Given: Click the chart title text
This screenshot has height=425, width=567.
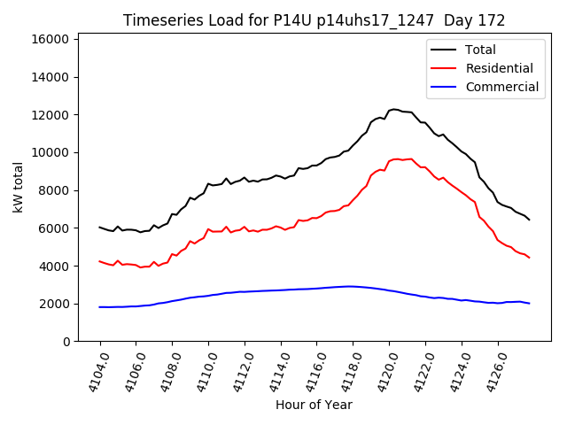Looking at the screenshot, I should click(x=314, y=20).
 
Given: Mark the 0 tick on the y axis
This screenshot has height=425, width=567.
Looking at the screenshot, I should click(x=66, y=342).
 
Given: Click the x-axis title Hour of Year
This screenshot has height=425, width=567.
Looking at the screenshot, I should click(x=314, y=405).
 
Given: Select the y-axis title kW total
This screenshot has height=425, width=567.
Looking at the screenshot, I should click(x=19, y=188).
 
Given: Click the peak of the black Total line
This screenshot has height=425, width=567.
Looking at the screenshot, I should click(x=394, y=109).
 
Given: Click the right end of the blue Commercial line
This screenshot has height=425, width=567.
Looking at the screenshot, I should click(x=529, y=304).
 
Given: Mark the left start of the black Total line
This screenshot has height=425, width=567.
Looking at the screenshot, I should click(x=100, y=227).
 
